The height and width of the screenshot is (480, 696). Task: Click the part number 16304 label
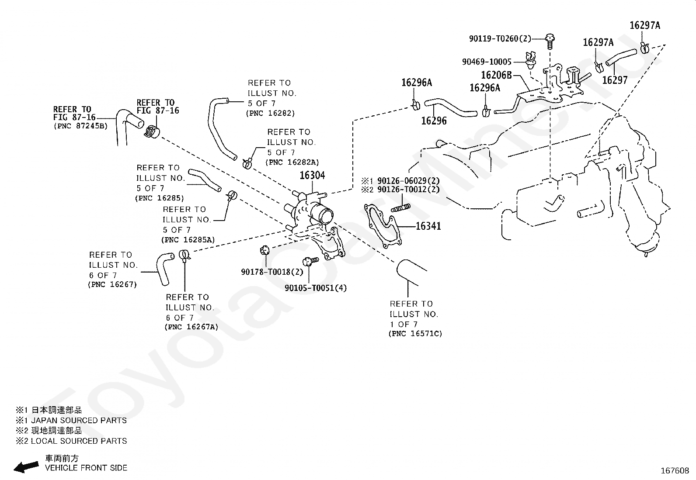[x=312, y=176]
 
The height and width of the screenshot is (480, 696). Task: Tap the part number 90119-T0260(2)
[x=500, y=38]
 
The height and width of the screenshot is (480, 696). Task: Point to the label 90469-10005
[x=487, y=62]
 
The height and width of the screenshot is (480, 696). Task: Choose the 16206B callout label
[x=496, y=75]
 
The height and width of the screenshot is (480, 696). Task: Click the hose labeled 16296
[x=451, y=107]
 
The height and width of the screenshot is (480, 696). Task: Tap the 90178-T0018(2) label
[x=272, y=272]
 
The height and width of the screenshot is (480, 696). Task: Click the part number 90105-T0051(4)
[x=316, y=288]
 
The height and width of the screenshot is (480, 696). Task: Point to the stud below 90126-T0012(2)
[x=400, y=208]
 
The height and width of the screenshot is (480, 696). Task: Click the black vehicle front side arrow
[x=26, y=466]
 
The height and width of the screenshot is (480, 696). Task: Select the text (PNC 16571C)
[x=415, y=334]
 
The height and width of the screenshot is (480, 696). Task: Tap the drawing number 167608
[x=675, y=471]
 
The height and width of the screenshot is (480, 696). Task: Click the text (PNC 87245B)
[x=81, y=126]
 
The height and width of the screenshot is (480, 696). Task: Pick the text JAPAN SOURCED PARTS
[x=79, y=421]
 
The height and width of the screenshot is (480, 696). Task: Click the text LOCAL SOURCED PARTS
[x=79, y=441]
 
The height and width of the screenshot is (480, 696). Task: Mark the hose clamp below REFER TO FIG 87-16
[x=152, y=131]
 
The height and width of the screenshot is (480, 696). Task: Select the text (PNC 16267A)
[x=191, y=327]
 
